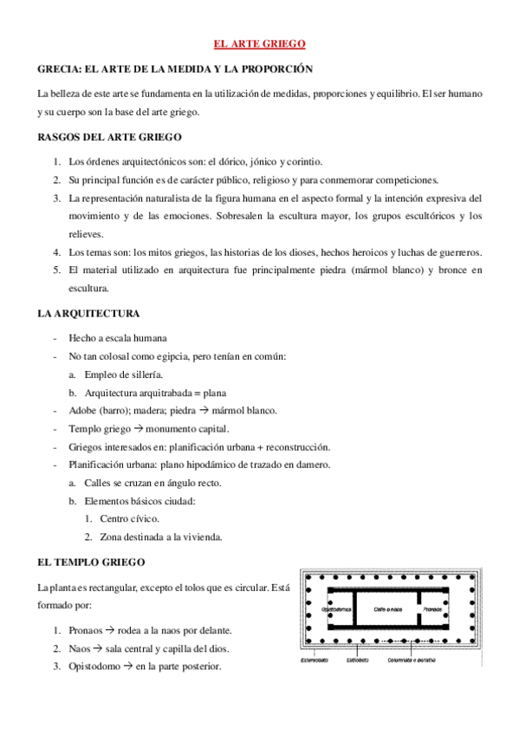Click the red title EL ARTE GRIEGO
[259, 43]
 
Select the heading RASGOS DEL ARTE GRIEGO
[109, 137]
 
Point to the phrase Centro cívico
[130, 518]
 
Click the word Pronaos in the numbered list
[91, 630]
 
